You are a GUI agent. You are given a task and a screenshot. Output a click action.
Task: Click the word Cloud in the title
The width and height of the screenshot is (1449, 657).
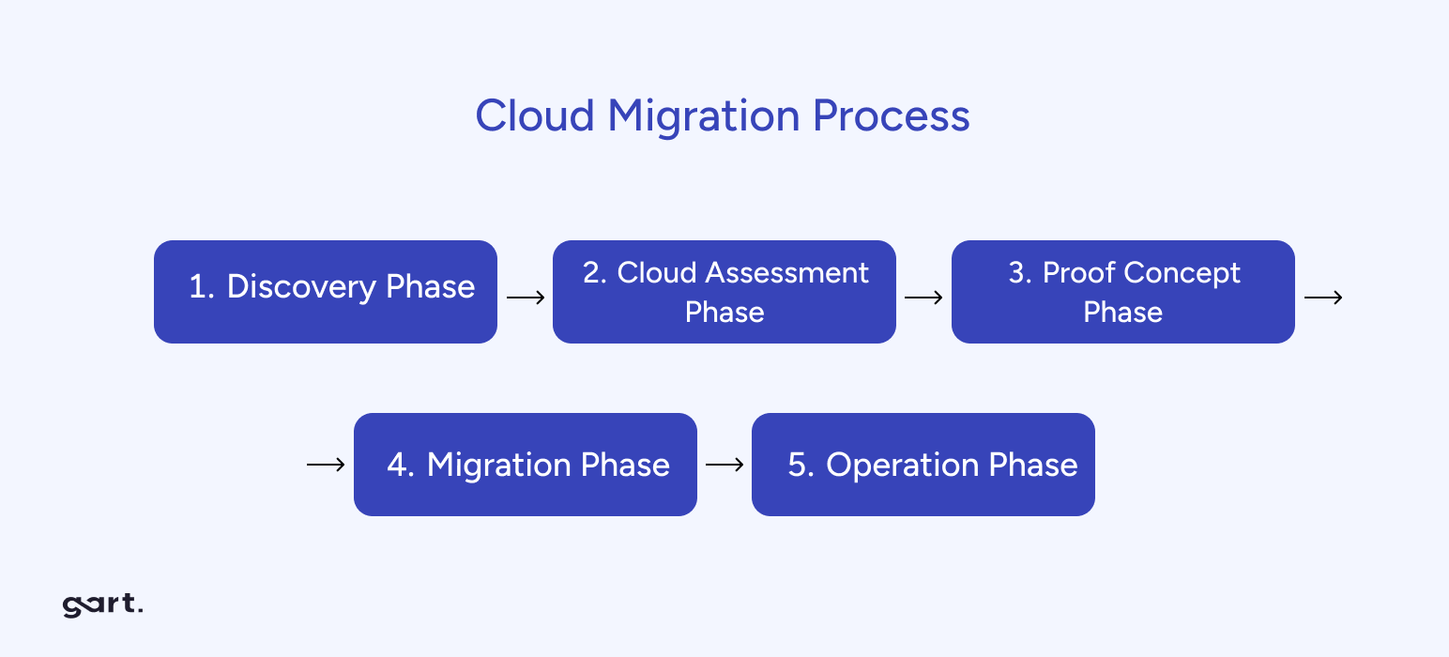pyautogui.click(x=534, y=115)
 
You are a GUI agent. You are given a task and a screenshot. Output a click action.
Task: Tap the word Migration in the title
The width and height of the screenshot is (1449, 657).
pyautogui.click(x=703, y=115)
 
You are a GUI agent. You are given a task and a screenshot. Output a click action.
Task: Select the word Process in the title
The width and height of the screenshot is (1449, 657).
pyautogui.click(x=891, y=115)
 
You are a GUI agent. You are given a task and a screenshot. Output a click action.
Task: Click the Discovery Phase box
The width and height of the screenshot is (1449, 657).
pyautogui.click(x=326, y=292)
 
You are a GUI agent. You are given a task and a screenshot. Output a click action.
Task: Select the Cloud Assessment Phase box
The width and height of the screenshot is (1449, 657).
pyautogui.click(x=724, y=292)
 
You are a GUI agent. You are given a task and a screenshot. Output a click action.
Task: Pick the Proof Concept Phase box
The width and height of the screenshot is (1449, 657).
pyautogui.click(x=1123, y=292)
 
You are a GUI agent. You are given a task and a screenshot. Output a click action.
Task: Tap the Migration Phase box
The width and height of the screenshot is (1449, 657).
pyautogui.click(x=526, y=465)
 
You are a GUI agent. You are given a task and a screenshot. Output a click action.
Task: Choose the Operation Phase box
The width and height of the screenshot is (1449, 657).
pyautogui.click(x=923, y=465)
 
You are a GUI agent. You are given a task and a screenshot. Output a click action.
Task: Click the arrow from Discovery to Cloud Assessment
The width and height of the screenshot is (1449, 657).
pyautogui.click(x=526, y=298)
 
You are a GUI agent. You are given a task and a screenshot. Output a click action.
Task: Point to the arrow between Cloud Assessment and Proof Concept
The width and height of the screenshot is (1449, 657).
pyautogui.click(x=923, y=298)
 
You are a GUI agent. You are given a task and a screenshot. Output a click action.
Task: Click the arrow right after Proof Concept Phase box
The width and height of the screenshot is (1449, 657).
pyautogui.click(x=1323, y=298)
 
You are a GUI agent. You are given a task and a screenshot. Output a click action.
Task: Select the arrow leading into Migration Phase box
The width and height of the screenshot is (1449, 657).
pyautogui.click(x=326, y=465)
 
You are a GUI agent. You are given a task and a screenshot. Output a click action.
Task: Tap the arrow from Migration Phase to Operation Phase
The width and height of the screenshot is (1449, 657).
pyautogui.click(x=724, y=465)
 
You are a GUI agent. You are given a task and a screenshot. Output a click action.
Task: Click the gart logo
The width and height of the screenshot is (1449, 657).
pyautogui.click(x=102, y=605)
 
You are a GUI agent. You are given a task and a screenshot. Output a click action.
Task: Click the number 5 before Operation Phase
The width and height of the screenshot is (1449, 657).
pyautogui.click(x=799, y=466)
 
